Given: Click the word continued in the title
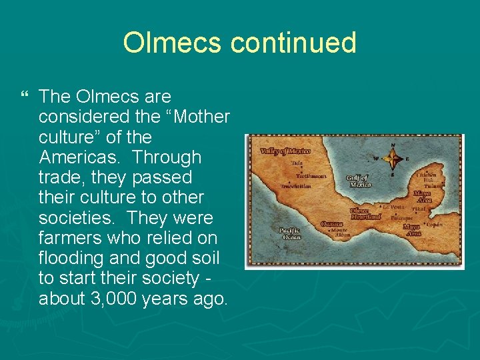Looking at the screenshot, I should click(x=293, y=43).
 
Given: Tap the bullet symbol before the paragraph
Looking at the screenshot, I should click(x=25, y=97).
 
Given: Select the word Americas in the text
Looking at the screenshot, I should click(x=79, y=157).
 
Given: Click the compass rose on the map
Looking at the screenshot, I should click(x=393, y=158).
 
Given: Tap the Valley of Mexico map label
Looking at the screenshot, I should click(x=280, y=151).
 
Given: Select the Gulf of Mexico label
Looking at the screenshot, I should click(x=358, y=181).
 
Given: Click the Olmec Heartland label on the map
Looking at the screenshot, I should click(x=365, y=213).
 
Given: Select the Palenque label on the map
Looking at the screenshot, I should click(x=401, y=217).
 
